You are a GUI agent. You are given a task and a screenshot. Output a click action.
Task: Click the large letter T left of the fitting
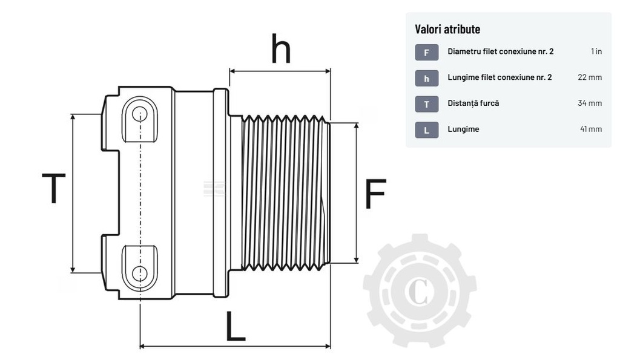tap(53, 188)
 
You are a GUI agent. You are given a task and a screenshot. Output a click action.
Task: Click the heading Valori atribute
tap(447, 29)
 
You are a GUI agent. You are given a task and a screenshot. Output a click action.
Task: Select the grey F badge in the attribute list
tap(426, 53)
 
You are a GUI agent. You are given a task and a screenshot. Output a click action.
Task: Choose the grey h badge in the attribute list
tap(426, 79)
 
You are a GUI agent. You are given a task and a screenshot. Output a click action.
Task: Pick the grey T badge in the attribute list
tap(426, 104)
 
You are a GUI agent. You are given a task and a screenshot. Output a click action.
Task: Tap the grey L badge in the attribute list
tap(426, 130)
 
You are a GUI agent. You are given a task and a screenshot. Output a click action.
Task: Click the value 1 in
tap(596, 51)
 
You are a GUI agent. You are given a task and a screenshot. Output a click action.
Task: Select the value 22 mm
tap(590, 77)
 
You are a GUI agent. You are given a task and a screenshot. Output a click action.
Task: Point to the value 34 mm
tap(590, 103)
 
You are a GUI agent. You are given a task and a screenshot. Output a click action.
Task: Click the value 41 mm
tap(591, 129)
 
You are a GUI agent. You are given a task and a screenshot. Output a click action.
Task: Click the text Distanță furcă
tap(473, 103)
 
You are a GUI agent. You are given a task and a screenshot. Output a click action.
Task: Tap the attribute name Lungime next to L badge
tap(463, 129)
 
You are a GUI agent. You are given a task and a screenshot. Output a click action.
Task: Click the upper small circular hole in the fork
tap(140, 114)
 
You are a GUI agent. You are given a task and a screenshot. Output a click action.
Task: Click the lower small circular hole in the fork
tap(140, 272)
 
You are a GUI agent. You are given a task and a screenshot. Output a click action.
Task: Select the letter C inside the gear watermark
tap(418, 291)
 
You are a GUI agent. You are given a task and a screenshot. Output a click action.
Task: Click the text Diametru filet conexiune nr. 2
tap(500, 51)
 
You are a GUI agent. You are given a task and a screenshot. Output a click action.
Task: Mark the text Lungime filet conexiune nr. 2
tap(500, 77)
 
